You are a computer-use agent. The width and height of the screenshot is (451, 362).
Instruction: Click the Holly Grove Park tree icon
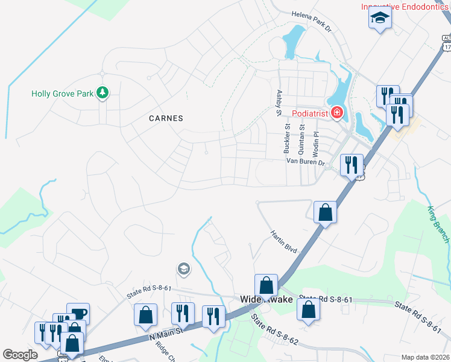click(103, 92)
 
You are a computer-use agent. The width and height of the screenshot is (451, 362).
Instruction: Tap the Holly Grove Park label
click(63, 94)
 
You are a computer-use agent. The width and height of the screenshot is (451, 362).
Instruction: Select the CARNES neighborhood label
click(166, 118)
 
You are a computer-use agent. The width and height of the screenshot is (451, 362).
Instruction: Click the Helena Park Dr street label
click(312, 20)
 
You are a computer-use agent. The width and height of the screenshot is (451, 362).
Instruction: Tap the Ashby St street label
click(279, 103)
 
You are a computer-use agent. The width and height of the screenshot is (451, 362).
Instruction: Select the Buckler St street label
click(288, 139)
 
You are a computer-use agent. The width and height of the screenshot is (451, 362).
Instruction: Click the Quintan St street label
click(301, 139)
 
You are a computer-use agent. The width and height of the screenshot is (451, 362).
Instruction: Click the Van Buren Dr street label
click(305, 162)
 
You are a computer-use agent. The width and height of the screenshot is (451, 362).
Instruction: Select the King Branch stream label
click(438, 225)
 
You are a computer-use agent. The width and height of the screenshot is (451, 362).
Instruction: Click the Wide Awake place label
click(266, 299)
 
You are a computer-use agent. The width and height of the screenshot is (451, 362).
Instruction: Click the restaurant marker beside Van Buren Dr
click(351, 164)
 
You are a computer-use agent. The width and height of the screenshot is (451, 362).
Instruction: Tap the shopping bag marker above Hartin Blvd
click(325, 212)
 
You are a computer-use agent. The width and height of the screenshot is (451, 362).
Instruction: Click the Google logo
click(20, 355)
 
